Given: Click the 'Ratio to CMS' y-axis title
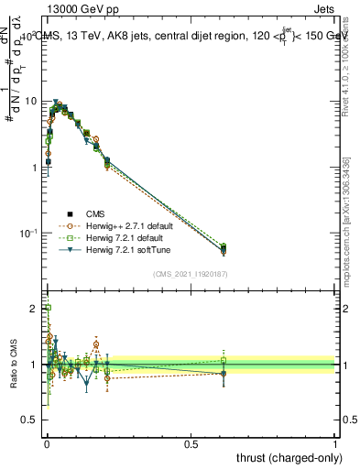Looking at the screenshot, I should pos(12,366).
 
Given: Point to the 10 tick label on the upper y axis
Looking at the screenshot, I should pos(30,102).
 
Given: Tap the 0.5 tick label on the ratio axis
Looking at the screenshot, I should pos(30,420).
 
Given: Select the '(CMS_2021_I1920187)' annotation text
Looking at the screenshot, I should pos(191,274).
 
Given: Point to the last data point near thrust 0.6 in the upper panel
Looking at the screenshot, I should pos(224,248).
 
